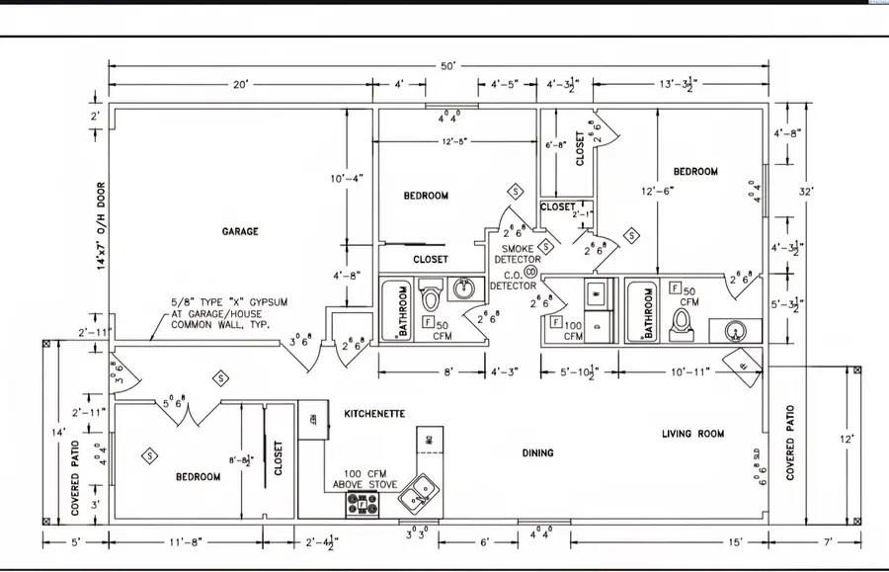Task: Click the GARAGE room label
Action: tap(240, 231)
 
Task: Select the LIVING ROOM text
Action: tap(692, 434)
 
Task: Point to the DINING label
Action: tap(537, 453)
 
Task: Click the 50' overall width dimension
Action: tap(447, 66)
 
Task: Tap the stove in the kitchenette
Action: tap(362, 504)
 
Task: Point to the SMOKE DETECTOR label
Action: tap(521, 254)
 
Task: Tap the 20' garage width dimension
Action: tap(240, 86)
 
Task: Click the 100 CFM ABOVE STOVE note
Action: tap(369, 479)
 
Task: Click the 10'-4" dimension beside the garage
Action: tap(347, 178)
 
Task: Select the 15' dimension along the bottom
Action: tap(734, 540)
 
